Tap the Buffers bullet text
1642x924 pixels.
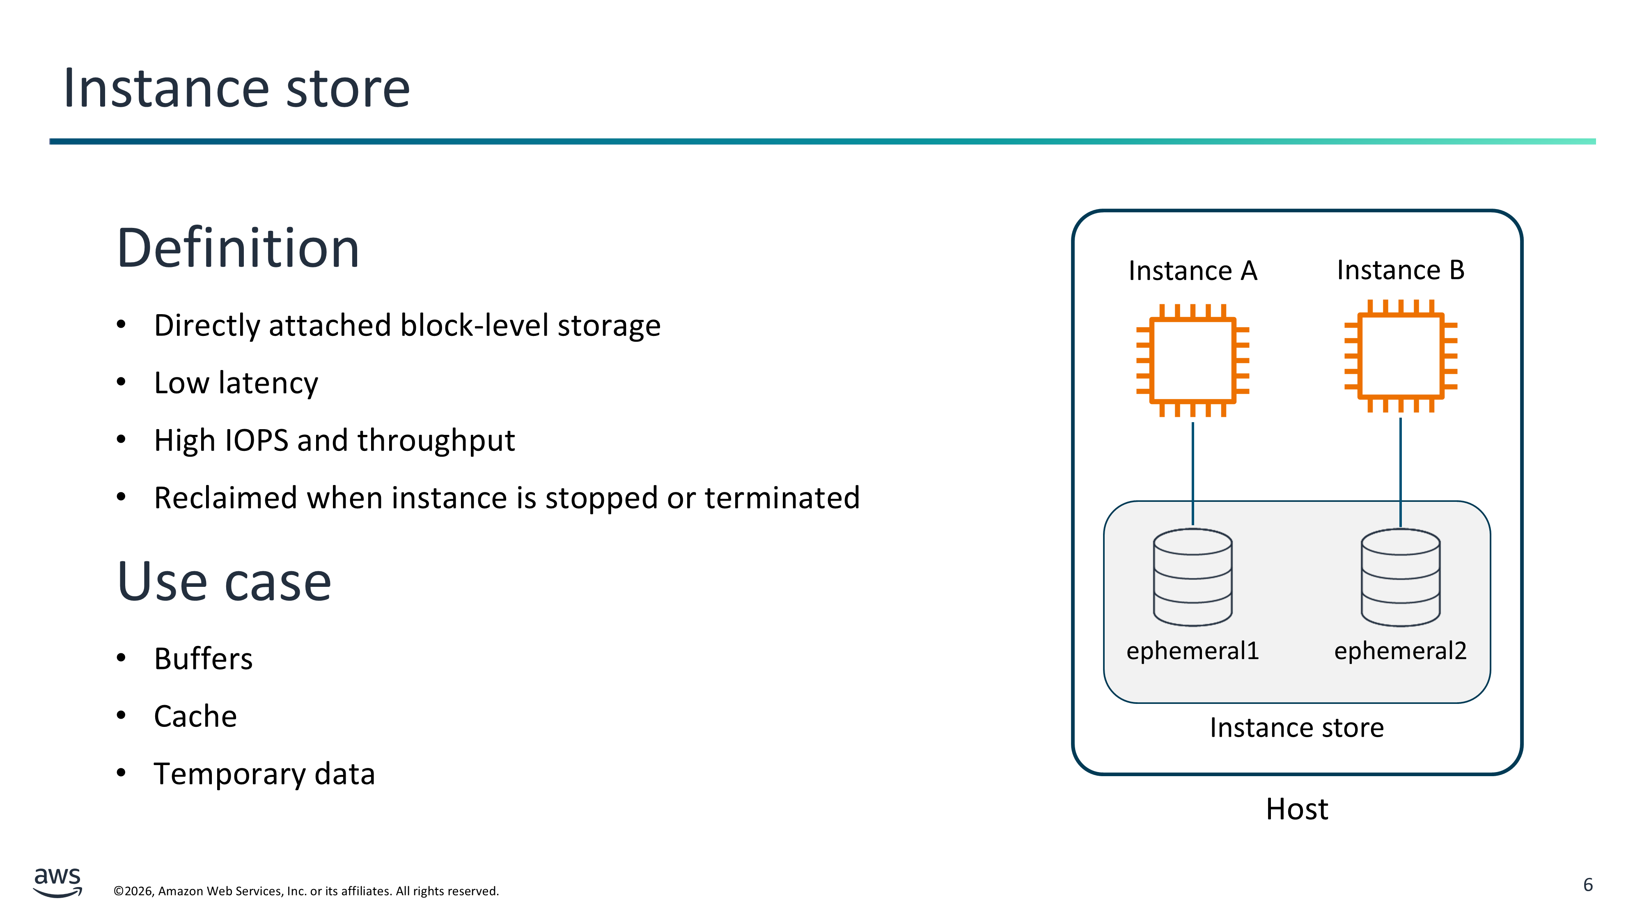pyautogui.click(x=203, y=659)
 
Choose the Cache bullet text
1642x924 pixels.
pyautogui.click(x=195, y=716)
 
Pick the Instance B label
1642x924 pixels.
pyautogui.click(x=1400, y=270)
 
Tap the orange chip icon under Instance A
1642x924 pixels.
pyautogui.click(x=1193, y=361)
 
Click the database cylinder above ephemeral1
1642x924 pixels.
pyautogui.click(x=1193, y=577)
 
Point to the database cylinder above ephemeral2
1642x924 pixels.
pyautogui.click(x=1400, y=577)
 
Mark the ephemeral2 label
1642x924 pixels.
pyautogui.click(x=1400, y=651)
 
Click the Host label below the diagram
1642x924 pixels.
pyautogui.click(x=1296, y=809)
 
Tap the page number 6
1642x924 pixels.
pyautogui.click(x=1588, y=885)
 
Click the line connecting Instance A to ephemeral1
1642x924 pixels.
pyautogui.click(x=1193, y=472)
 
